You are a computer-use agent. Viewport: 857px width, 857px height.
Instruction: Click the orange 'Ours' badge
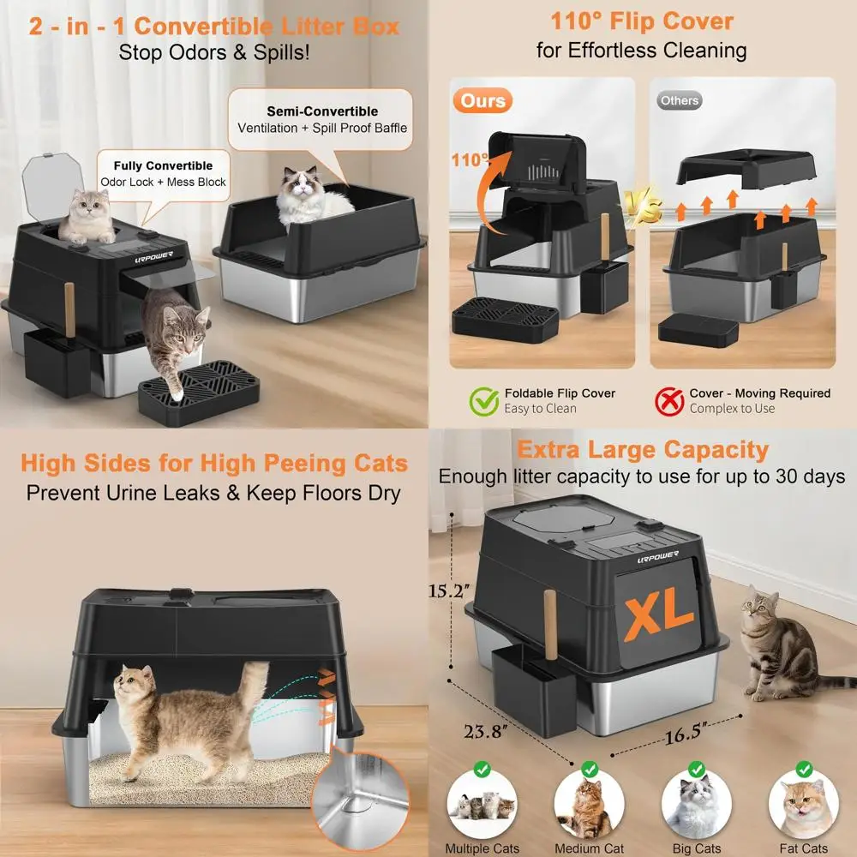click(483, 101)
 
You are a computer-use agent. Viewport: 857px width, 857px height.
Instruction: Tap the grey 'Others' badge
click(680, 101)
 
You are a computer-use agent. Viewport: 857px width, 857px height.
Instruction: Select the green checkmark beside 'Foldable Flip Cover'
click(484, 400)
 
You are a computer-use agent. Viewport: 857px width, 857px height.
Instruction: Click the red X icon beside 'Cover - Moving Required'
click(669, 400)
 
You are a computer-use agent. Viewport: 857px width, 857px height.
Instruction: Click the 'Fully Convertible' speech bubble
click(162, 173)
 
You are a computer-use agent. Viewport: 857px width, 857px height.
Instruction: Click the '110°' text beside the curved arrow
click(470, 159)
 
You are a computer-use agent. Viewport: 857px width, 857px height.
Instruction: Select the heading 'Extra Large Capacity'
click(642, 450)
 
